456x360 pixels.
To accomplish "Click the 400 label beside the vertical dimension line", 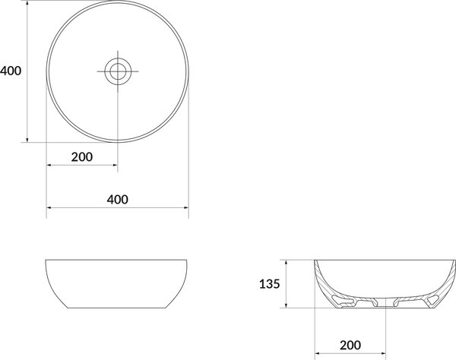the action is [11, 71].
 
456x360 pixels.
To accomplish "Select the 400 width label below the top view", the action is [118, 199].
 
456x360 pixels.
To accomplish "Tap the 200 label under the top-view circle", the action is [82, 157].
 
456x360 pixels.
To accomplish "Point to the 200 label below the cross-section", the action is [350, 345].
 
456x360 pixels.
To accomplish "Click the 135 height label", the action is [270, 284].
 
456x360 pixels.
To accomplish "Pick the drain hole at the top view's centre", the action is [118, 71].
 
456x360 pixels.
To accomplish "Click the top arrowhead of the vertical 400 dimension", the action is [27, 3].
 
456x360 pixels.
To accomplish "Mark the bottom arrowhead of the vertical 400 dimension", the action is [27, 140].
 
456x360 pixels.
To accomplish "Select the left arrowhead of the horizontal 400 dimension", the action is [49, 208].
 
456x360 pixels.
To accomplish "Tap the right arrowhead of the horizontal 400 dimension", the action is [186, 208].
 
